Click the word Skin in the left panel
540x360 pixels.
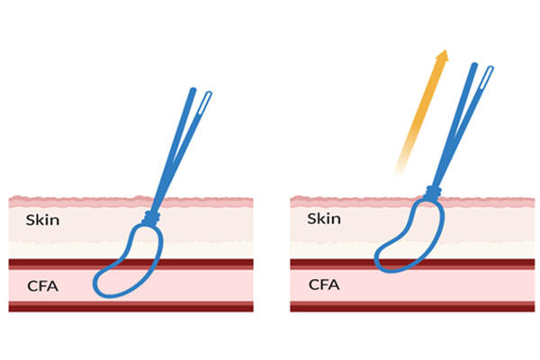click(44, 219)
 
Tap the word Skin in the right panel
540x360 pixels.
click(324, 219)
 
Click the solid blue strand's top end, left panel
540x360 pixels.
click(191, 91)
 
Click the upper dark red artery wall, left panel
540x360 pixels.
click(54, 264)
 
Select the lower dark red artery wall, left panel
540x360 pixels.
click(54, 306)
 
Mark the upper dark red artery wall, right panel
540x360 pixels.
click(333, 264)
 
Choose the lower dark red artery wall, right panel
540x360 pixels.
click(333, 306)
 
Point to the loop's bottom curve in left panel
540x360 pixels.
click(112, 294)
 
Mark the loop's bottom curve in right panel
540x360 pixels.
click(389, 266)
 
